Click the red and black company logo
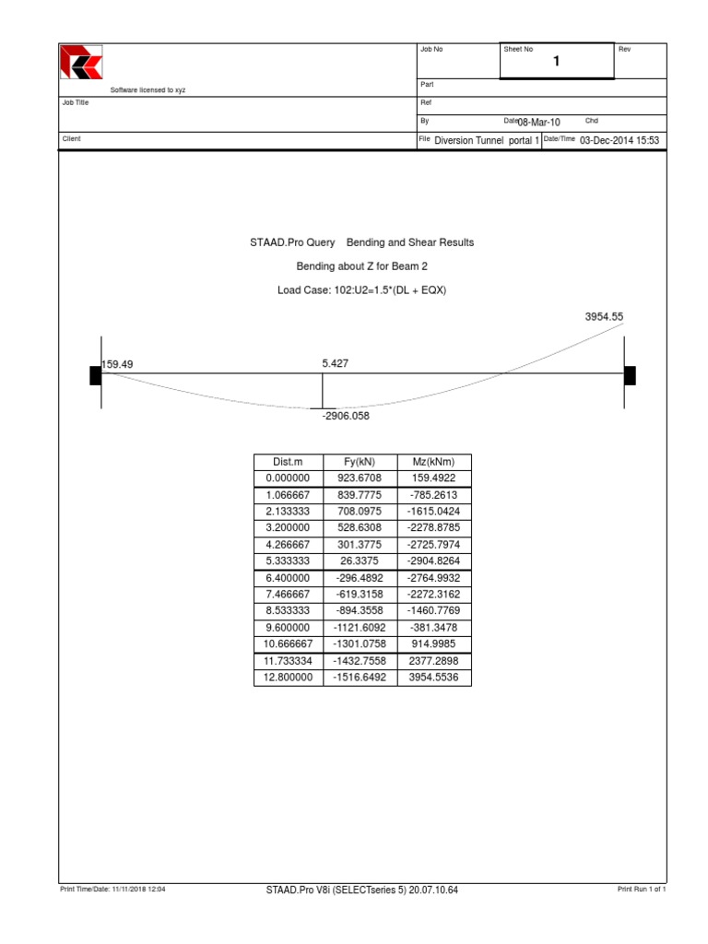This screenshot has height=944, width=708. point(81,63)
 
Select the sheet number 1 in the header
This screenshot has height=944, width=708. point(556,62)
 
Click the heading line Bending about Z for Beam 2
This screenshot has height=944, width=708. point(361,266)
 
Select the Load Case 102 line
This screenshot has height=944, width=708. point(361,290)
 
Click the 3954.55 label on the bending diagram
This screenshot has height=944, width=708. point(604,316)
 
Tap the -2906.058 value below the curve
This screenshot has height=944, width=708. point(346,416)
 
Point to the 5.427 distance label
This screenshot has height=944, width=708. point(336,364)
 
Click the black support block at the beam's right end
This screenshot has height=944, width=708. point(630,374)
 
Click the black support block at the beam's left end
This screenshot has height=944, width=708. point(96,374)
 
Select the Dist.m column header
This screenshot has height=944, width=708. point(288,462)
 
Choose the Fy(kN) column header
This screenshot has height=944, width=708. point(362,462)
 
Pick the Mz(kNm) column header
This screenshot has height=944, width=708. point(435,462)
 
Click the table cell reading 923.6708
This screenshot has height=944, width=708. point(362,478)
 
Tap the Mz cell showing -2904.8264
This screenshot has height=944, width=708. point(435,561)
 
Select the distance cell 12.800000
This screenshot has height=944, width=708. point(288,677)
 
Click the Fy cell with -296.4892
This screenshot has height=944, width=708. point(362,577)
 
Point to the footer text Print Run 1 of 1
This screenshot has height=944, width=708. point(641,890)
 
